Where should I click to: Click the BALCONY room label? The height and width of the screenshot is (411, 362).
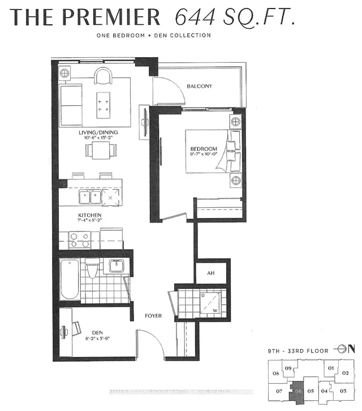[x=199, y=86]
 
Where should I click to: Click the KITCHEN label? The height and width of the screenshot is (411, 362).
[x=89, y=216]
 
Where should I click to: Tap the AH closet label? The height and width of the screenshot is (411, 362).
[x=211, y=273]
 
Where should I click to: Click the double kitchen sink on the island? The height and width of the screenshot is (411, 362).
[x=90, y=198]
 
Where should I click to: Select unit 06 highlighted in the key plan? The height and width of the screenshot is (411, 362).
[x=297, y=390]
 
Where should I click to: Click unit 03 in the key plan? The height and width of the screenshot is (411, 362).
[x=343, y=391]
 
